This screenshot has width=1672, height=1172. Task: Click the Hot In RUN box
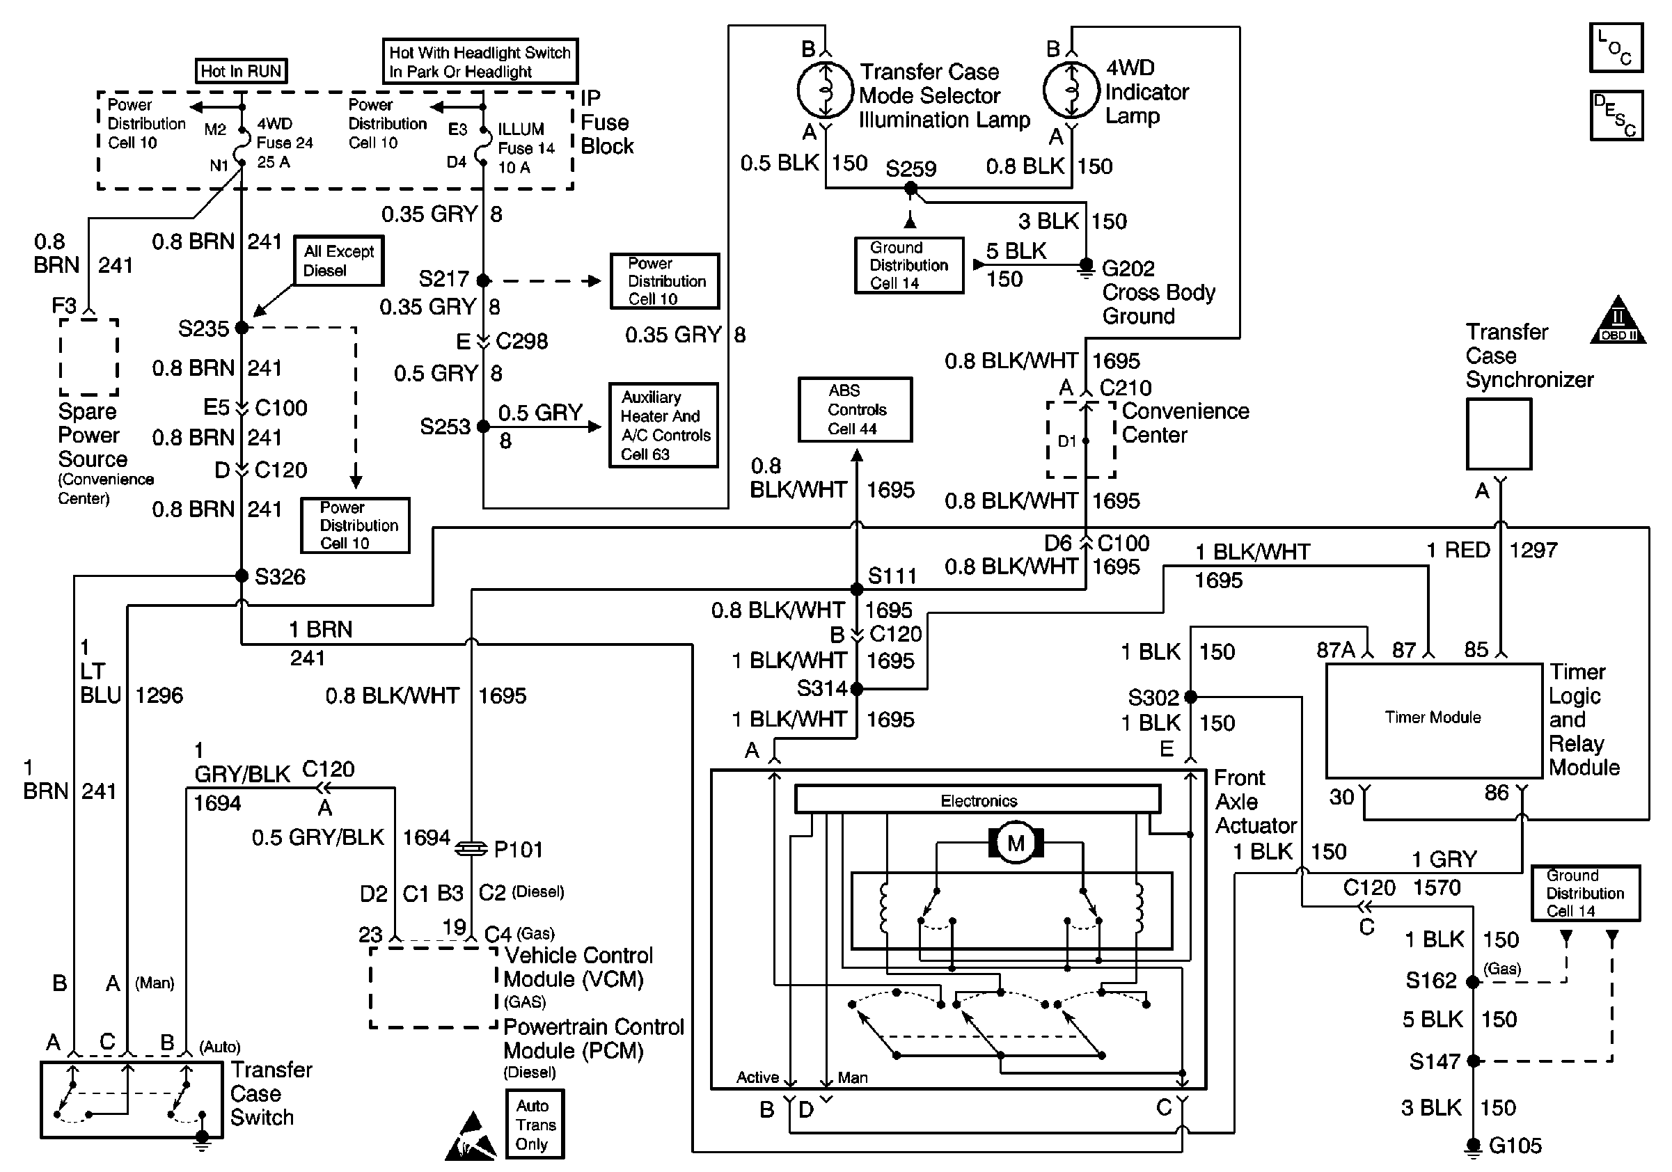(x=241, y=70)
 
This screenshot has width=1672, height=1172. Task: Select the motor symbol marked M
(x=1015, y=844)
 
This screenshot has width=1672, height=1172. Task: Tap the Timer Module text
(x=1433, y=717)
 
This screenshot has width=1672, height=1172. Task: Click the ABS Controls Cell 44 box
(x=855, y=409)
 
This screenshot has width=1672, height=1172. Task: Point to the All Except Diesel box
(x=338, y=260)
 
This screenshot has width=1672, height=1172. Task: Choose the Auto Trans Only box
(x=535, y=1124)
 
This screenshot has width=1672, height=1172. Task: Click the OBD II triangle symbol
(x=1618, y=319)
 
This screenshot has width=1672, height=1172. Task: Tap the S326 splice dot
(x=242, y=576)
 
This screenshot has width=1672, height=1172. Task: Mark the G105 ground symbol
(x=1473, y=1147)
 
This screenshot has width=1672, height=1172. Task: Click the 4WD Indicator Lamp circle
(x=1071, y=90)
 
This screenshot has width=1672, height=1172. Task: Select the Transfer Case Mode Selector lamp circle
(x=825, y=90)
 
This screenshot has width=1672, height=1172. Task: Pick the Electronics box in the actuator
(x=977, y=799)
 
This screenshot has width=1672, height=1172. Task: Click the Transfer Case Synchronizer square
(x=1499, y=434)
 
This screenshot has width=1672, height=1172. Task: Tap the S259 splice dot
(x=910, y=189)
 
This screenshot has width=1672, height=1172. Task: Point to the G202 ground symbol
(x=1086, y=268)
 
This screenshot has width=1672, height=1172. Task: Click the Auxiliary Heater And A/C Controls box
(x=663, y=425)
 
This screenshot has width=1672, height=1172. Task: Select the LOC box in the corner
(x=1616, y=48)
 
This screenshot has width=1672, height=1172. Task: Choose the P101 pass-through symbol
(x=471, y=848)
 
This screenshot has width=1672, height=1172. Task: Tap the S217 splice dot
(x=483, y=280)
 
